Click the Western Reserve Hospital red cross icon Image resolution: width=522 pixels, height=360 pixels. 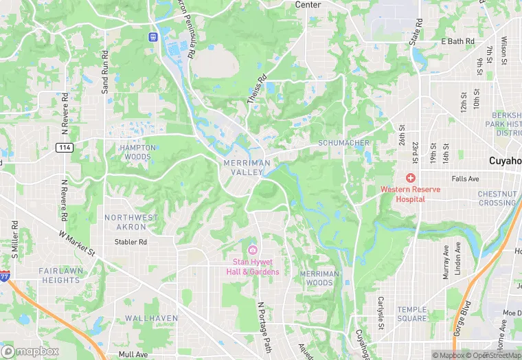coord(410,178)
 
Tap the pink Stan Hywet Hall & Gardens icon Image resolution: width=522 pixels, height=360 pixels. coord(252,249)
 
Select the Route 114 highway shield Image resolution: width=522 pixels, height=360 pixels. coord(65,148)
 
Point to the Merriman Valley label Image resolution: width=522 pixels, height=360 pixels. coord(243,167)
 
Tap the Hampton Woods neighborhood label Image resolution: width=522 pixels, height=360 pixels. coord(135,152)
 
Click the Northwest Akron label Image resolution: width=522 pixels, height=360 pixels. coord(130,222)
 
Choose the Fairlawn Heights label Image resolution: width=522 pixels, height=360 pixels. coord(50,275)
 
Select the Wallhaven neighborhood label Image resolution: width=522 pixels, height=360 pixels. coord(151,318)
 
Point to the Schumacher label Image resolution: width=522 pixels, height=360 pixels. coord(343,143)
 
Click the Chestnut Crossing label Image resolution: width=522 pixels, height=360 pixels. coord(497,199)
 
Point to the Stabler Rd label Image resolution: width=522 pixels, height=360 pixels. coord(130,242)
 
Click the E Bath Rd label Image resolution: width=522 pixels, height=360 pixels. coord(457,42)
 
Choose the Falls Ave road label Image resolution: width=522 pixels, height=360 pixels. coord(465,179)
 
